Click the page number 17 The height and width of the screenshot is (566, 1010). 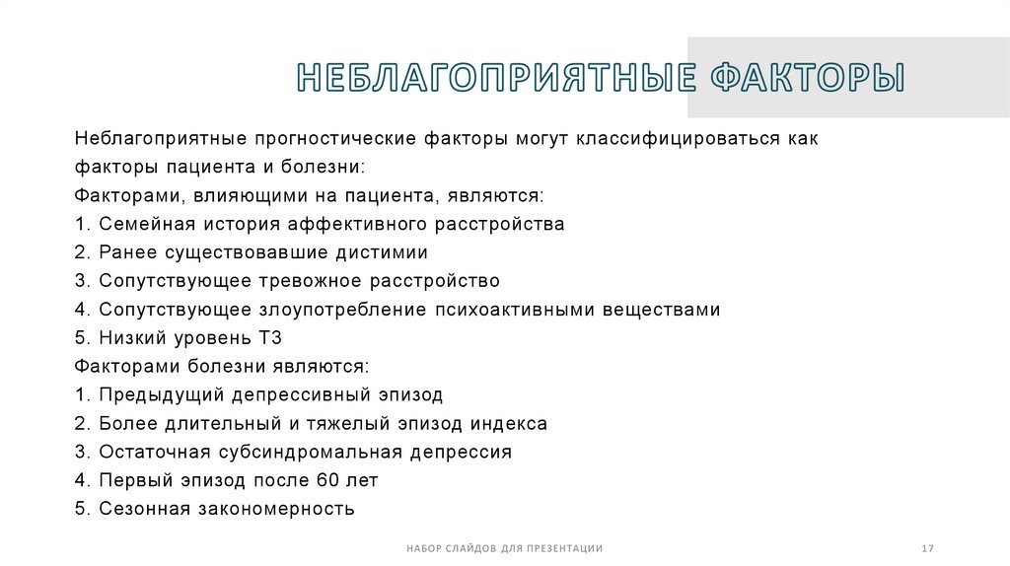click(x=927, y=548)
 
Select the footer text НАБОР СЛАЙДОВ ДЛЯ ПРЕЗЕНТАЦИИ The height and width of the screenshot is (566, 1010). click(x=504, y=548)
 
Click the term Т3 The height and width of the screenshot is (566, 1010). click(x=270, y=338)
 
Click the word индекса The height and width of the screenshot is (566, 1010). click(x=508, y=424)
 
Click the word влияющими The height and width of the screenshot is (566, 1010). click(x=233, y=195)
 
